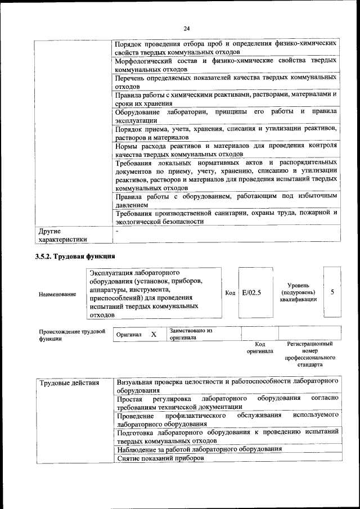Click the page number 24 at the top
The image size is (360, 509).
point(186,29)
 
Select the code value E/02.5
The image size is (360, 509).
point(251,292)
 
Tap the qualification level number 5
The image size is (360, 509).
point(333,292)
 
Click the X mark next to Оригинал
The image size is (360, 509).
point(154,334)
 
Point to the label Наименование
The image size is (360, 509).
point(57,294)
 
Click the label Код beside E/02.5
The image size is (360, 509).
point(230,292)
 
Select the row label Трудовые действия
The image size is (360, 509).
point(69,383)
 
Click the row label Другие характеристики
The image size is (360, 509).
point(62,235)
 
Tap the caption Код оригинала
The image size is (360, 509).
point(260,347)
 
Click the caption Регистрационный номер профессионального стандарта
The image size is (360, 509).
point(310,354)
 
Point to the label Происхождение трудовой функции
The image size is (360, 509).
point(72,335)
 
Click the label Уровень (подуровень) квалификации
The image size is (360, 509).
point(298,292)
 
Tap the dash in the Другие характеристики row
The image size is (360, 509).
point(117,231)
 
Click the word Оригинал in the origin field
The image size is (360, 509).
point(128,335)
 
